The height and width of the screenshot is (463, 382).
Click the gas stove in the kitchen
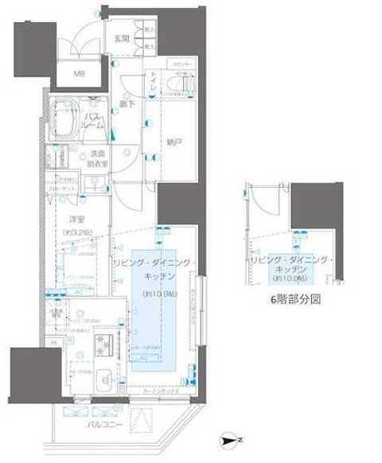coord(106,344)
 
